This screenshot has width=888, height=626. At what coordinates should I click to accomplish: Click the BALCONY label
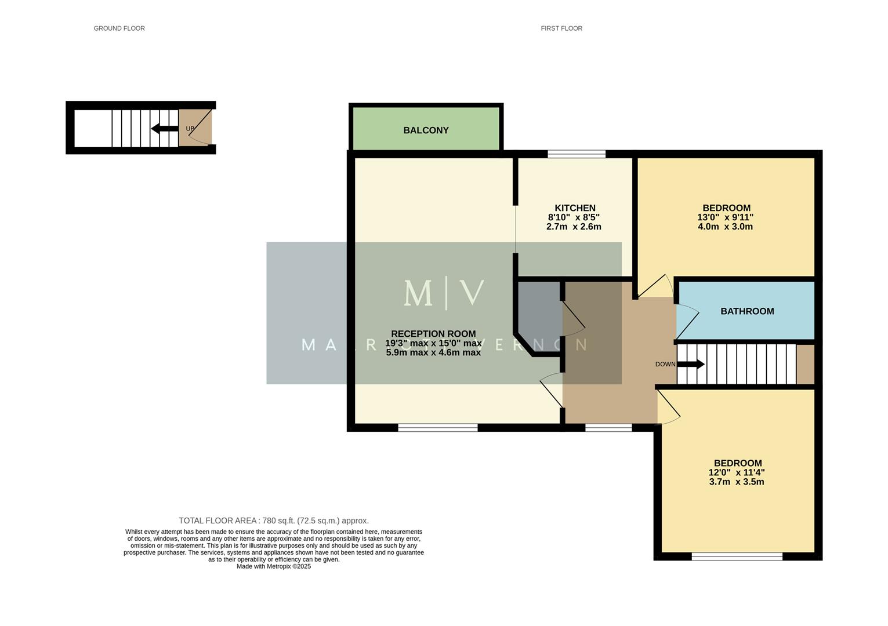[426, 130]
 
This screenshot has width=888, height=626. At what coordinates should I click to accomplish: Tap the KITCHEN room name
[575, 208]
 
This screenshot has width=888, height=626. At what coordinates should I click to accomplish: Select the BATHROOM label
[747, 311]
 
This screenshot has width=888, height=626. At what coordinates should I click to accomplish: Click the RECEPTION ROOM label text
[433, 334]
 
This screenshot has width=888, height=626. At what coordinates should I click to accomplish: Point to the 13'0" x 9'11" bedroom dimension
[725, 217]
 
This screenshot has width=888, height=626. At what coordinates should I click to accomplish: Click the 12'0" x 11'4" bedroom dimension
[736, 472]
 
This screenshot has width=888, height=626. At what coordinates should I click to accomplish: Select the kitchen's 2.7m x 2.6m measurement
[574, 227]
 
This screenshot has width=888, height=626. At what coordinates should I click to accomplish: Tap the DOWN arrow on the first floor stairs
[690, 365]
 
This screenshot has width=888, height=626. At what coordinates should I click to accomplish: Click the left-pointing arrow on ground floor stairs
[164, 129]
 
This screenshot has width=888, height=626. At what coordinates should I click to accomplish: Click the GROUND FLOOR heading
[119, 28]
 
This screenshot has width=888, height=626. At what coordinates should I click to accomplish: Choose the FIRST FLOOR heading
[561, 28]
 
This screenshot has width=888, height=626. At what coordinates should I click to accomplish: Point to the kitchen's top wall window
[577, 154]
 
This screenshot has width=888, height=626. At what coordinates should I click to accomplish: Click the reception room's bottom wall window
[437, 428]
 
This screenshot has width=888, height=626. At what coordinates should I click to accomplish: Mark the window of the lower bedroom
[737, 556]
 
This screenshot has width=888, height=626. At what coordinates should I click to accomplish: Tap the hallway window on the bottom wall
[608, 428]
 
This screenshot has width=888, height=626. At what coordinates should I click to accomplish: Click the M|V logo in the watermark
[444, 293]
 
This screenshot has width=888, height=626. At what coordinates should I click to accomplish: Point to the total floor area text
[273, 521]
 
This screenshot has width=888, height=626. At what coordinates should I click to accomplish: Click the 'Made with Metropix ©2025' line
[273, 567]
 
